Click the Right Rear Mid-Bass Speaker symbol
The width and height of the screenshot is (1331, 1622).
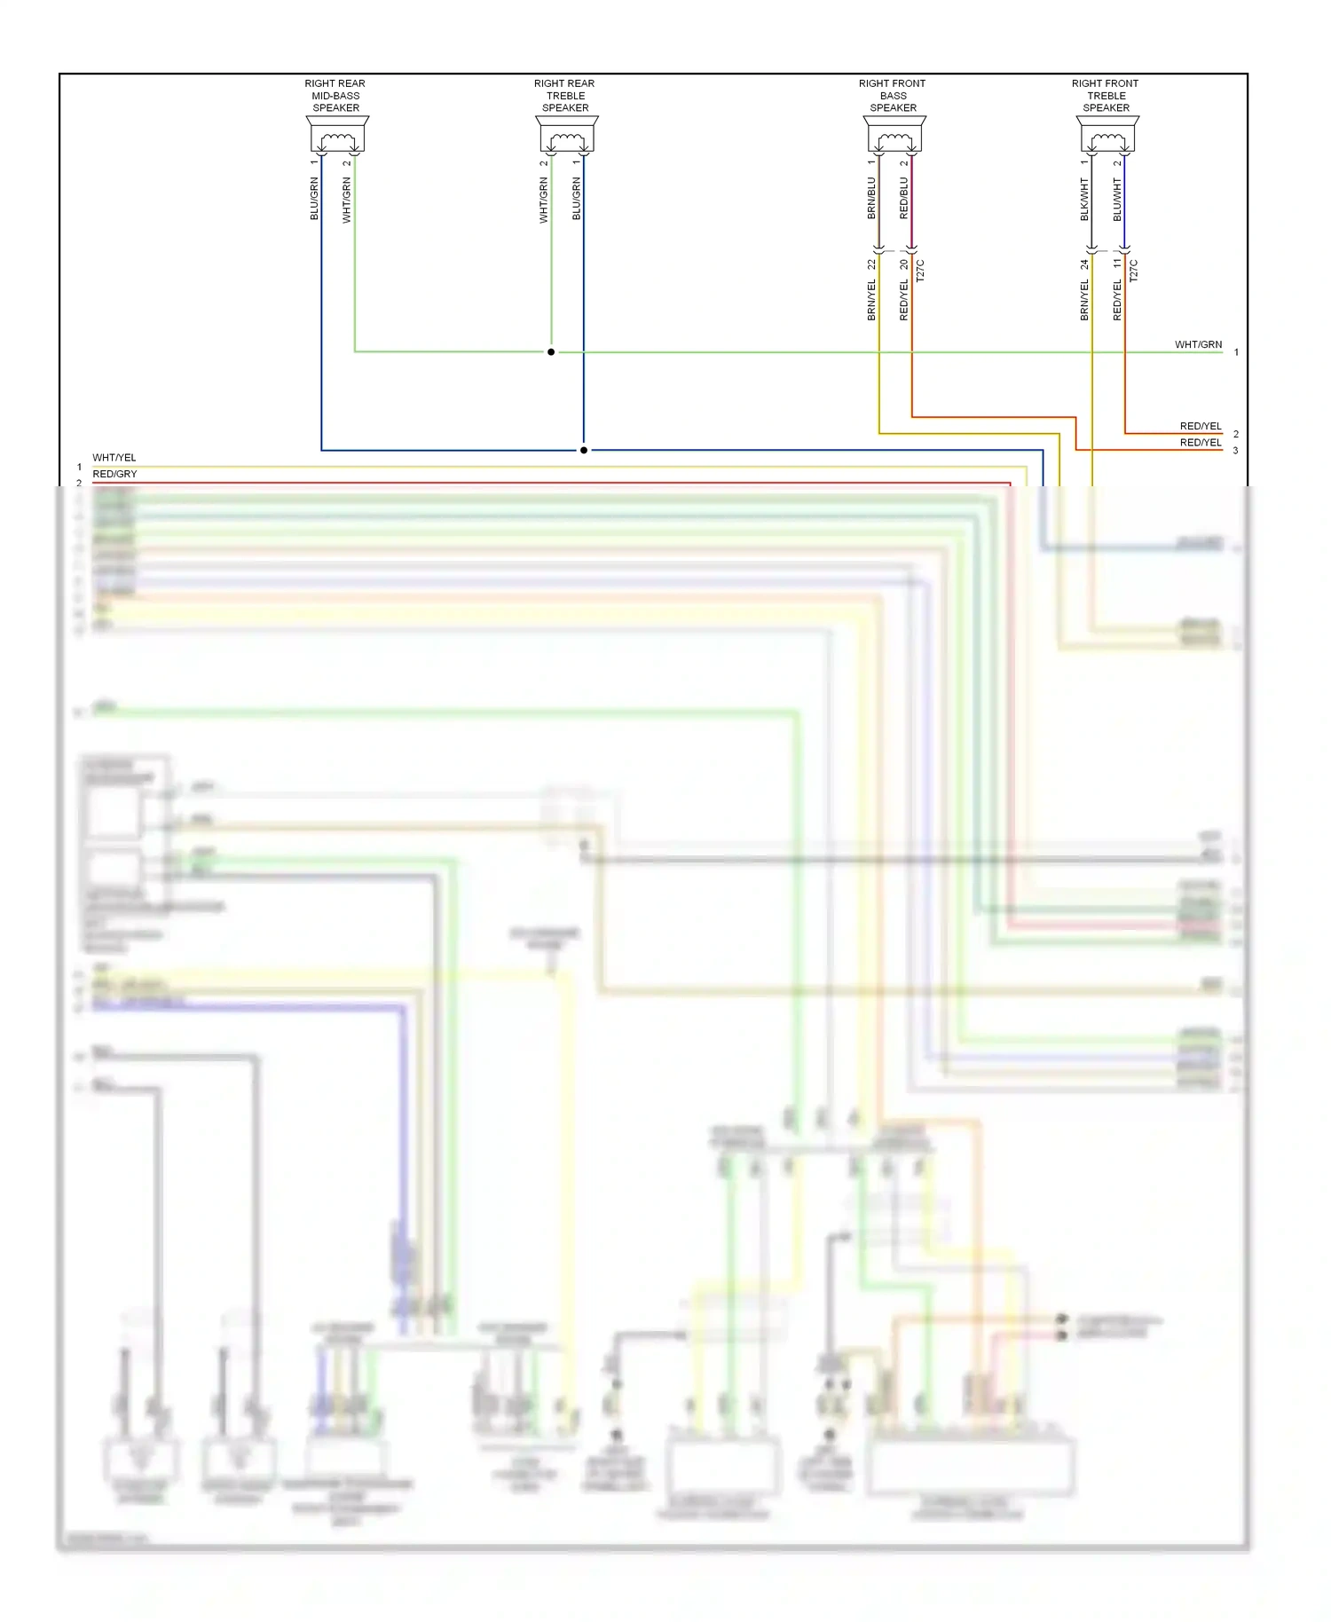[337, 135]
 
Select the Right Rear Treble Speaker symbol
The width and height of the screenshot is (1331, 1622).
[567, 135]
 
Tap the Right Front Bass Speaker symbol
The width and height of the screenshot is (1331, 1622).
[894, 135]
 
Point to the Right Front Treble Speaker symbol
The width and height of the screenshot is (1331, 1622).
[1107, 135]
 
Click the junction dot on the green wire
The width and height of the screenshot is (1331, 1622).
[551, 352]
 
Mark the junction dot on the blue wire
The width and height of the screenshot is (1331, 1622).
[584, 450]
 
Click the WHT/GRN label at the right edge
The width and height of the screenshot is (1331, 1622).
[1198, 344]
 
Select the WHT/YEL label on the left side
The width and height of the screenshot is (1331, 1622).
[114, 458]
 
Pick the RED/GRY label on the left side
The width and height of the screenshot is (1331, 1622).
[114, 474]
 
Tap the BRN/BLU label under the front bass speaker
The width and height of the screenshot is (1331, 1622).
[871, 198]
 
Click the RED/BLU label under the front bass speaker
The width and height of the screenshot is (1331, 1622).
[904, 198]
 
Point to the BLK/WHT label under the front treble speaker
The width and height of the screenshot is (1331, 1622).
[1084, 199]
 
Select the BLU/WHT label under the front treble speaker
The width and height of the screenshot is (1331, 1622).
[1117, 199]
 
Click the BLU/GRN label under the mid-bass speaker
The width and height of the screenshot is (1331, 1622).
[314, 199]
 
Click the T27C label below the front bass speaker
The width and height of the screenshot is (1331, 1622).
[920, 271]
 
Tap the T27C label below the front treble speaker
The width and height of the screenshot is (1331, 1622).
[1133, 271]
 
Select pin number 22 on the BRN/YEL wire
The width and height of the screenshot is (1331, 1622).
[871, 264]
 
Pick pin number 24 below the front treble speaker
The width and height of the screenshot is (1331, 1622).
[1084, 264]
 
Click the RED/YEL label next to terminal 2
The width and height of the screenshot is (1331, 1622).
[1200, 426]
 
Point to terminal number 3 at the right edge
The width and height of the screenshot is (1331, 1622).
[1235, 451]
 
